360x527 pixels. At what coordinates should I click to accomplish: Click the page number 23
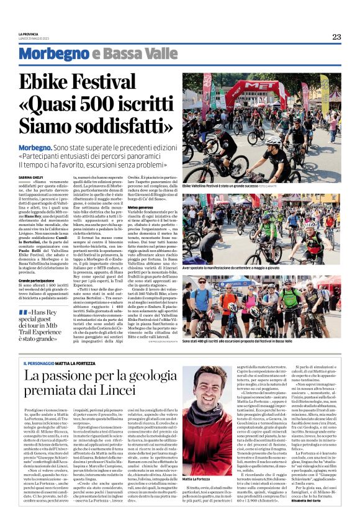coord(336,37)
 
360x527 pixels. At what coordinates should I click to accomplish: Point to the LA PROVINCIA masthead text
coord(29,34)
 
